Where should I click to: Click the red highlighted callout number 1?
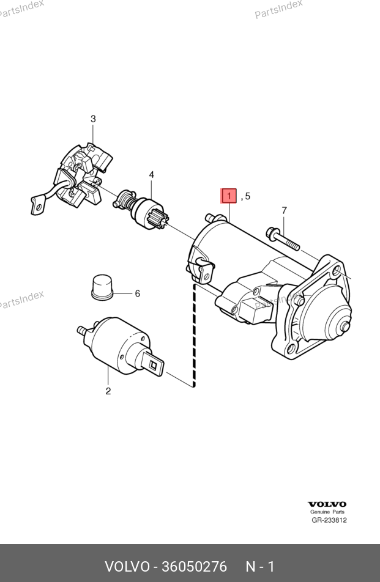(x=229, y=196)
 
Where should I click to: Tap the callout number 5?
(x=247, y=196)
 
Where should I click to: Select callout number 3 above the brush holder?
(x=93, y=119)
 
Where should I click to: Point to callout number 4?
(x=152, y=174)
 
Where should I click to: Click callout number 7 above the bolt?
(x=284, y=210)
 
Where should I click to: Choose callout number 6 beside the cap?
(x=138, y=293)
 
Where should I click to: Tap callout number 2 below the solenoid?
(x=108, y=391)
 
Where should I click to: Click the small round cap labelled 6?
(x=101, y=287)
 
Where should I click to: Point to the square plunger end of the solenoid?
(x=153, y=365)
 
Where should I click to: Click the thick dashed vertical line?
(x=194, y=336)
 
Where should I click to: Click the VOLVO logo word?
(x=327, y=504)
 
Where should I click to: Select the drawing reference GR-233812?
(x=329, y=520)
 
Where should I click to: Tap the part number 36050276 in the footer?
(x=194, y=567)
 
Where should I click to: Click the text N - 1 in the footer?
(x=260, y=567)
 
